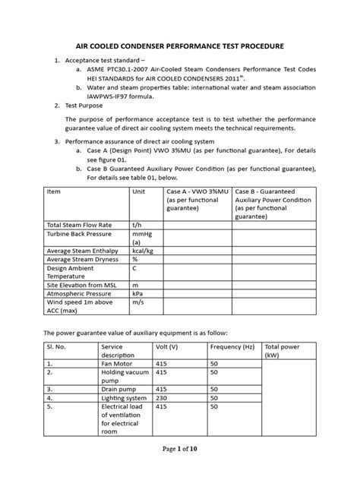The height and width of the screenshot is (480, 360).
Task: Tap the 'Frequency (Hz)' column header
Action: click(x=233, y=347)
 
